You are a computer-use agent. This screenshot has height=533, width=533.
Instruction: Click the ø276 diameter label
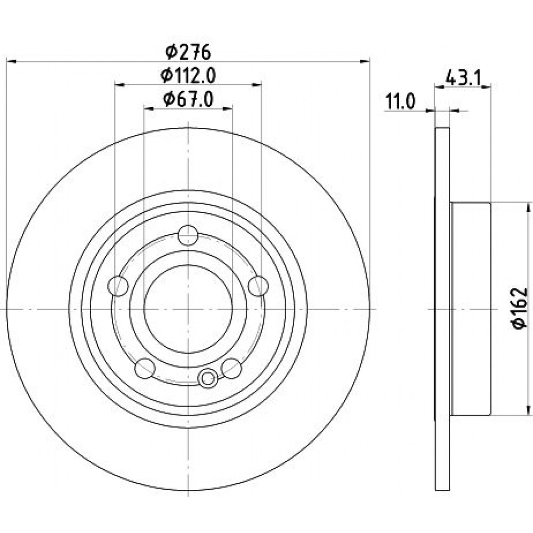[189, 52]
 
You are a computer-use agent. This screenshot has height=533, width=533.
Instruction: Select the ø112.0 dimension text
[188, 76]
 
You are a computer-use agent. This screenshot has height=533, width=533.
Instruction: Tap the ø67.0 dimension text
[188, 100]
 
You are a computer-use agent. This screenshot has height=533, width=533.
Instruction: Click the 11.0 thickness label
[400, 102]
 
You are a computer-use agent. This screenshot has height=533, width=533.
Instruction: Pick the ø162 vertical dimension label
[520, 308]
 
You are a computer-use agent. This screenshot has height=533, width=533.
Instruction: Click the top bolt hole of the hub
[188, 235]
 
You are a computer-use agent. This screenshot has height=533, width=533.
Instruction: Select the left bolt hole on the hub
[118, 286]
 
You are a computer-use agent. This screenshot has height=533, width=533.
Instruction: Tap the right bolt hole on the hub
[259, 286]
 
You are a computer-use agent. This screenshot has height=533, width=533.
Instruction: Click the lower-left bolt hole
[145, 368]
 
